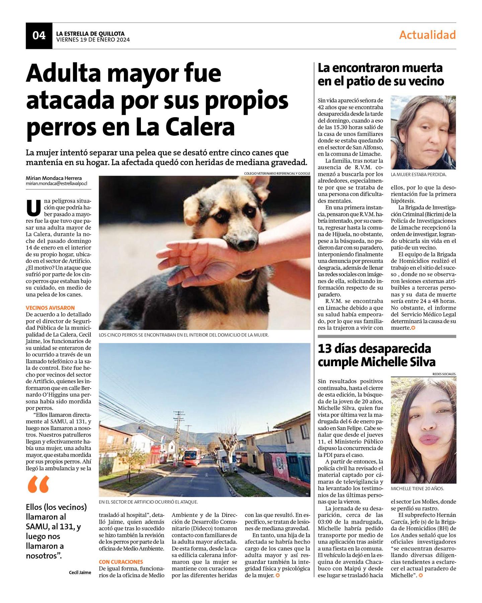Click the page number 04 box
[39, 36]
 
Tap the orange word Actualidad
[427, 35]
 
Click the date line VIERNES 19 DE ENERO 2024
[93, 40]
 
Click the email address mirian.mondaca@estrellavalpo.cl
[56, 184]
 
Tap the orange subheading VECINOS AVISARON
[50, 308]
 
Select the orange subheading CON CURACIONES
[121, 561]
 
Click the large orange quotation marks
[38, 484]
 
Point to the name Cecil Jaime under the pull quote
[80, 573]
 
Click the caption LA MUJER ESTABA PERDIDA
[418, 175]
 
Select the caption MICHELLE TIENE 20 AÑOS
[417, 489]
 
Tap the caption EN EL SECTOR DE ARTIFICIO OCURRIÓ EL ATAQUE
[148, 502]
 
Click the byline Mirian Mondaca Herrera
[54, 178]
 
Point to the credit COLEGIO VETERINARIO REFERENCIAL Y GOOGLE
[277, 173]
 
